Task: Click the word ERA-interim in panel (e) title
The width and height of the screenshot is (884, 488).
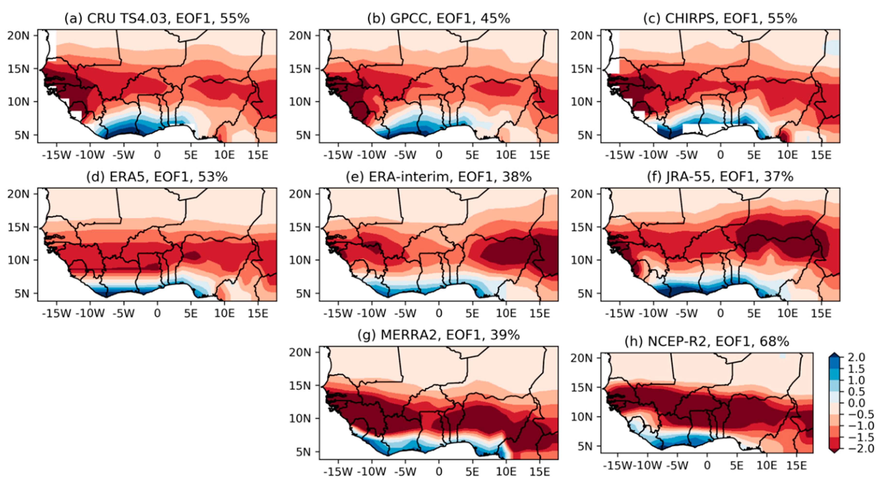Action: (408, 177)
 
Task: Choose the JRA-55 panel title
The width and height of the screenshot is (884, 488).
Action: (720, 177)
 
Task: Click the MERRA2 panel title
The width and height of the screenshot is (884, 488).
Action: (439, 335)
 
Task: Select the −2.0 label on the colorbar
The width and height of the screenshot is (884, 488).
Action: (860, 448)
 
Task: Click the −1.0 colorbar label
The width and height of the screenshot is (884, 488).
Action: (860, 426)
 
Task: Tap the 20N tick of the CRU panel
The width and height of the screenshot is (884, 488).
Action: (19, 36)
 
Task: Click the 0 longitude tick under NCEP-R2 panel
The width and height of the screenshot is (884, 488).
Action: (707, 466)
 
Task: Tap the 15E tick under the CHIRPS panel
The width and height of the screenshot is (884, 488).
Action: (821, 155)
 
